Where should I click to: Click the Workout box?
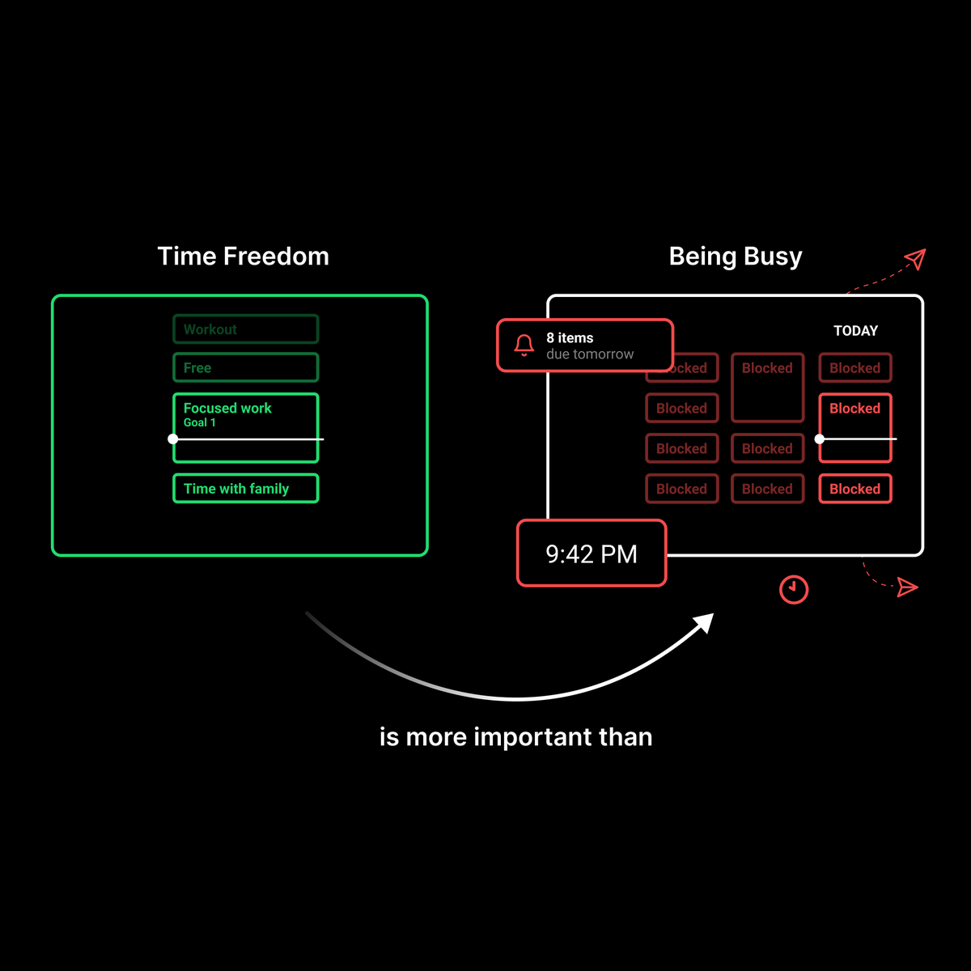pyautogui.click(x=245, y=329)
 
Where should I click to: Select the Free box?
pyautogui.click(x=245, y=368)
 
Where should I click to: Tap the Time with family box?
pyautogui.click(x=245, y=489)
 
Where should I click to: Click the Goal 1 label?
pyautogui.click(x=199, y=422)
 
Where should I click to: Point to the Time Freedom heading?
pyautogui.click(x=243, y=257)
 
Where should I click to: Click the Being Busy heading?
pyautogui.click(x=736, y=257)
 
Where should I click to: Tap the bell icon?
pyautogui.click(x=524, y=346)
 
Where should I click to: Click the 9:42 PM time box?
pyautogui.click(x=592, y=553)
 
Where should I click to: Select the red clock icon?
pyautogui.click(x=794, y=589)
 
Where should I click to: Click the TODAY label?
pyautogui.click(x=855, y=331)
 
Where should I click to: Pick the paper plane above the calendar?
pyautogui.click(x=915, y=259)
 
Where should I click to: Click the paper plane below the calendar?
pyautogui.click(x=908, y=587)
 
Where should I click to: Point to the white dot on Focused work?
pyautogui.click(x=172, y=439)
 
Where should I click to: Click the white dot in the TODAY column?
pyautogui.click(x=820, y=439)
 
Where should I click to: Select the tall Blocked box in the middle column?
pyautogui.click(x=767, y=388)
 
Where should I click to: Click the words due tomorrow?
pyautogui.click(x=590, y=354)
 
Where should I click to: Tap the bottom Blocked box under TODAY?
pyautogui.click(x=855, y=489)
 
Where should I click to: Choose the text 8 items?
pyautogui.click(x=570, y=338)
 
